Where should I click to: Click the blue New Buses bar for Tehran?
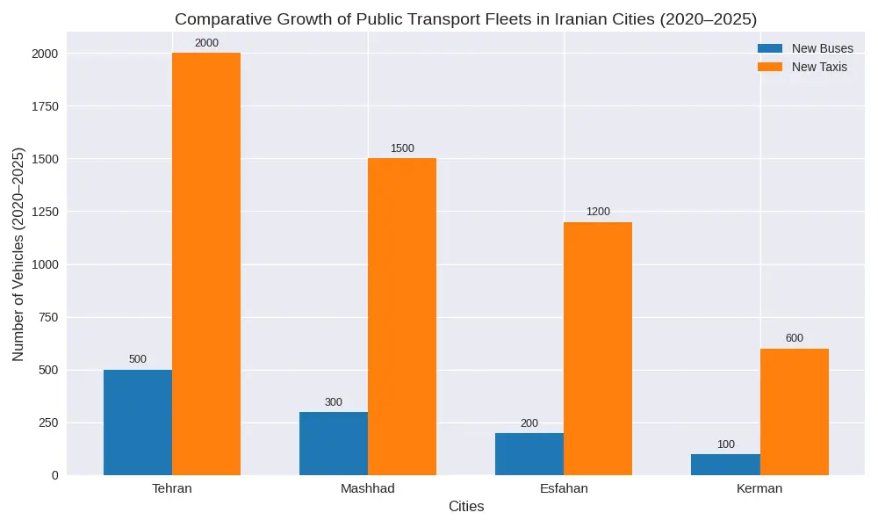pyautogui.click(x=138, y=422)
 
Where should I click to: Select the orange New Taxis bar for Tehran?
pyautogui.click(x=206, y=263)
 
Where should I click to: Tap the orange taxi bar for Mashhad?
pyautogui.click(x=402, y=316)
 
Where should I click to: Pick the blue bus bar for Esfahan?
pyautogui.click(x=529, y=454)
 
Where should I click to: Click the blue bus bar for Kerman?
pyautogui.click(x=725, y=465)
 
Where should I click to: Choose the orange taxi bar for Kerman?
pyautogui.click(x=795, y=412)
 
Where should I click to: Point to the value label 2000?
pyautogui.click(x=206, y=43)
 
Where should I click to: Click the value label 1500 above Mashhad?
pyautogui.click(x=402, y=148)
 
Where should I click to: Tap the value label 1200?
pyautogui.click(x=598, y=212)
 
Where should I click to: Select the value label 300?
pyautogui.click(x=334, y=402)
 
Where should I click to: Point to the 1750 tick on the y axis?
pyautogui.click(x=44, y=106)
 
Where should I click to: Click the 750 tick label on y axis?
pyautogui.click(x=47, y=317)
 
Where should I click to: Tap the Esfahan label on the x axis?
pyautogui.click(x=564, y=488)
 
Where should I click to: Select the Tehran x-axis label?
pyautogui.click(x=172, y=488)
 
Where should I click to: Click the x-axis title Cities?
pyautogui.click(x=466, y=507)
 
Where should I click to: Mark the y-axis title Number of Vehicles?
pyautogui.click(x=18, y=254)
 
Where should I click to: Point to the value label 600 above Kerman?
pyautogui.click(x=795, y=338)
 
